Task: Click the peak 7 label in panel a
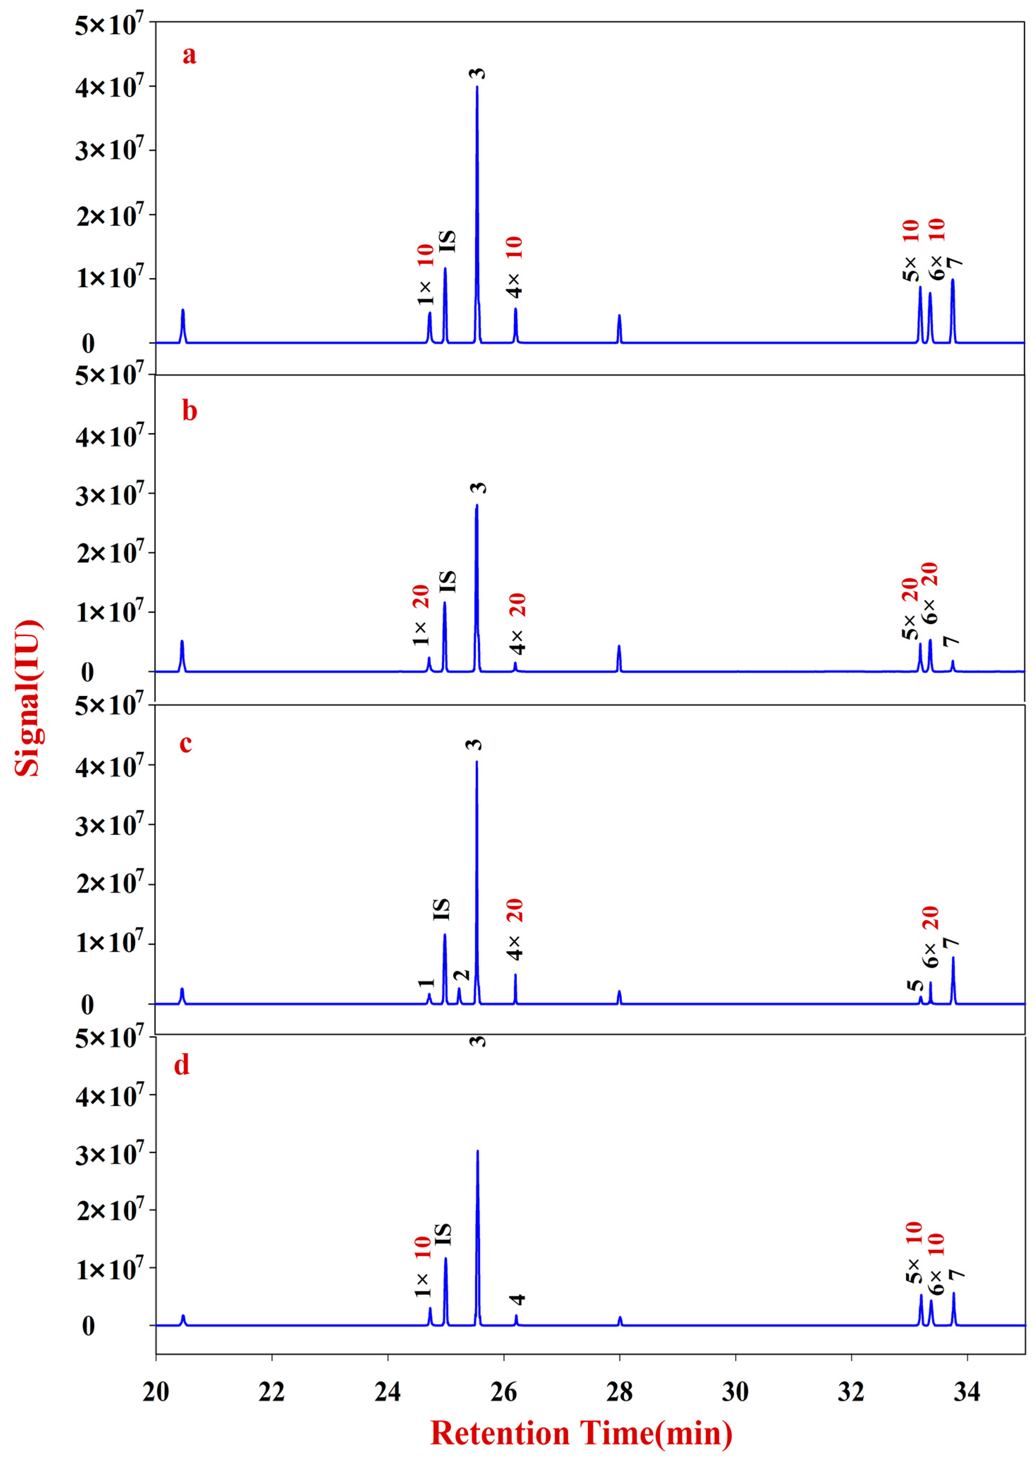click(954, 263)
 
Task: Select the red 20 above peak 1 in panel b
click(421, 598)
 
